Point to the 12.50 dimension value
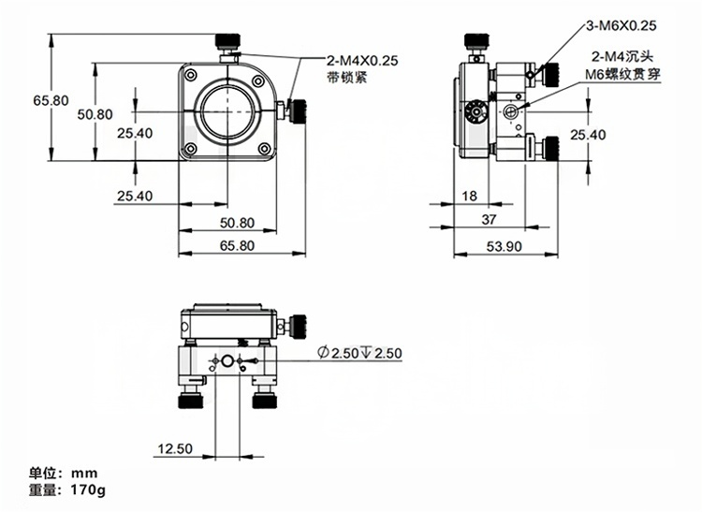click(x=175, y=449)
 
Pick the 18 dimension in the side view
click(x=471, y=196)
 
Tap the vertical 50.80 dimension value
click(x=95, y=114)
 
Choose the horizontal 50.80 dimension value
click(x=237, y=223)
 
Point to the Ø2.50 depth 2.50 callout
click(x=359, y=353)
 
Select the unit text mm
click(x=84, y=473)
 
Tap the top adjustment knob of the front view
click(x=228, y=41)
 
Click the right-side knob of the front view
click(x=299, y=111)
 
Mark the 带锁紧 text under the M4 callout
click(x=346, y=78)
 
